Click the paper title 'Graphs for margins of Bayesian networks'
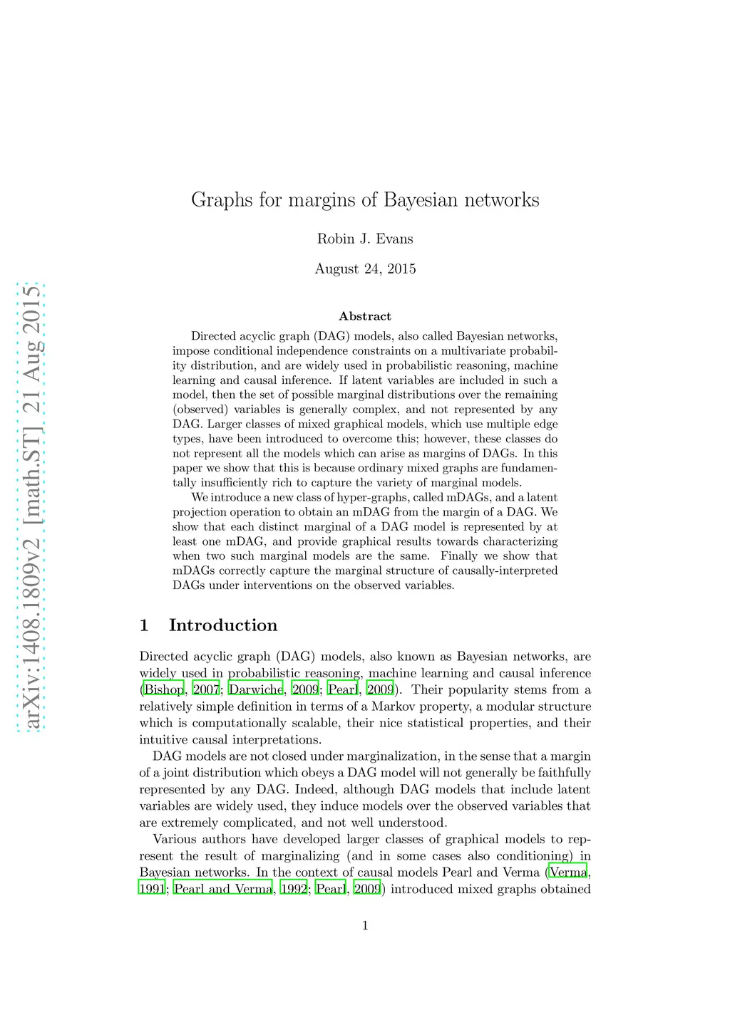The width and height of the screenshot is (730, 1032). [365, 200]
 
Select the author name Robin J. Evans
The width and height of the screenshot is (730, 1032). [365, 239]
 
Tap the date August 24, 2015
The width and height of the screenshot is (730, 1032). [365, 269]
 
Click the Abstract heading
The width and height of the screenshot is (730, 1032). [365, 316]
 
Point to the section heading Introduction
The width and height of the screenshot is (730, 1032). [223, 625]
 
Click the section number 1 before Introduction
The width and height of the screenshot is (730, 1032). [144, 625]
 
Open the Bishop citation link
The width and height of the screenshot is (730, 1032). [164, 689]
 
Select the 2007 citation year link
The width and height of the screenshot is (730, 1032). [206, 689]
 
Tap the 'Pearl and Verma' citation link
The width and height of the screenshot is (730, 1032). [223, 889]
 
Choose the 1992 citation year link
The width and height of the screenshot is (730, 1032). [294, 889]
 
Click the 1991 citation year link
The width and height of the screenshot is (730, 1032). [152, 889]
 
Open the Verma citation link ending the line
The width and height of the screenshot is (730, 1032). [568, 872]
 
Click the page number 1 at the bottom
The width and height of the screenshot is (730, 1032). [365, 926]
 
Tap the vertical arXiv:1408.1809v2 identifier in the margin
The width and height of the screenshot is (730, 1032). [31, 507]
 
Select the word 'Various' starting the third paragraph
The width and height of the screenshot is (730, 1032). [176, 839]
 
